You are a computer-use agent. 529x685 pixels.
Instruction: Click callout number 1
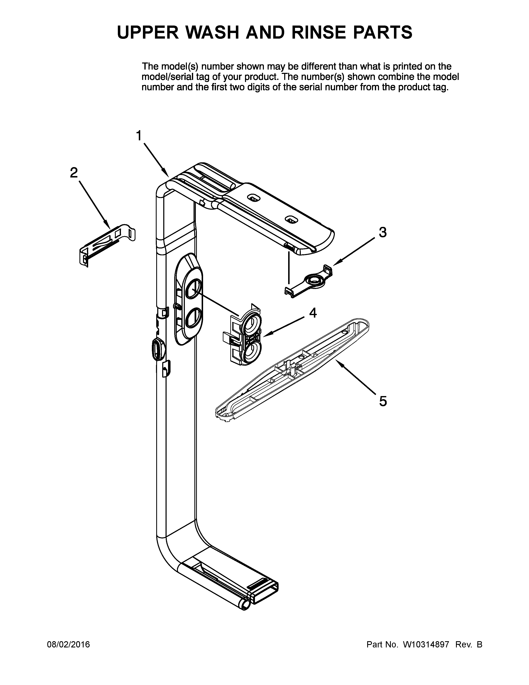click(139, 136)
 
